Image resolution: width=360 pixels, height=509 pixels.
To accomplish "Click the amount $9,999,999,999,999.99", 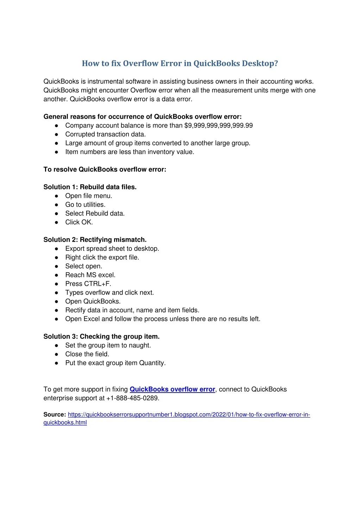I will click(218, 126).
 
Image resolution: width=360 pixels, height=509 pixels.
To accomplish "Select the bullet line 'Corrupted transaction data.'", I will click(105, 134).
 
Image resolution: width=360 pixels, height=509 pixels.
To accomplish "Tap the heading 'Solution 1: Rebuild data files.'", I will click(90, 187).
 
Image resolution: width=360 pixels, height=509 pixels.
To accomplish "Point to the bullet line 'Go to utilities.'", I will click(85, 205).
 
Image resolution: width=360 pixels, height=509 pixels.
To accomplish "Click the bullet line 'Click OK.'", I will click(79, 222).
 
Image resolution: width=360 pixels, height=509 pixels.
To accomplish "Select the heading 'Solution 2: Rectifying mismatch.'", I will click(95, 240).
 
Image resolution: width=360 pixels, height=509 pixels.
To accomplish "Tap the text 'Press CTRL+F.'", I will click(88, 284).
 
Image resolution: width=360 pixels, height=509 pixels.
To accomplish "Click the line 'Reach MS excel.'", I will click(90, 275).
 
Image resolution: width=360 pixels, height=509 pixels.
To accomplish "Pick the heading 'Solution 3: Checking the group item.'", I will click(101, 337).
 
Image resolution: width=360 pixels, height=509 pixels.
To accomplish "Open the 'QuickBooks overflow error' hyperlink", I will click(172, 389).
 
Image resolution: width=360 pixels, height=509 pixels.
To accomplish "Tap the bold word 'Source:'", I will click(55, 415).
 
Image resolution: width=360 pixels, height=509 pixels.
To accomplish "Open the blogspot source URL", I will click(189, 415).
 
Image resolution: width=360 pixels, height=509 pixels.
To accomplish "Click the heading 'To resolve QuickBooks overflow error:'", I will click(105, 170).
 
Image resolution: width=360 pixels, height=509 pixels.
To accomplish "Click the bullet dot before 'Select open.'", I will click(56, 266).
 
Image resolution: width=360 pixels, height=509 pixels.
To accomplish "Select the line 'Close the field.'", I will click(87, 354).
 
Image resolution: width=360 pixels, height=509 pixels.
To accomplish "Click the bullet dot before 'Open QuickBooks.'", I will click(56, 301).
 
